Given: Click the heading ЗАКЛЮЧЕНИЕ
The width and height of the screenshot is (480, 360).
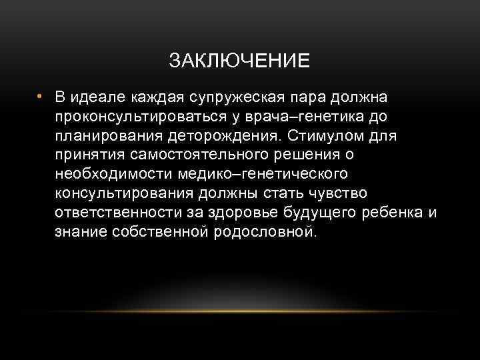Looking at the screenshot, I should [239, 61].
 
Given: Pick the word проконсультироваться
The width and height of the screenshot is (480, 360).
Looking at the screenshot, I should [133, 117].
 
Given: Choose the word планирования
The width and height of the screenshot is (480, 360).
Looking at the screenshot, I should [107, 136].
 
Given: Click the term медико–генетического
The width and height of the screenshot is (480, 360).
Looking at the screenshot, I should [264, 175].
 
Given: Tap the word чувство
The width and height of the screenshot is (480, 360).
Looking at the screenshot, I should [333, 194].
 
